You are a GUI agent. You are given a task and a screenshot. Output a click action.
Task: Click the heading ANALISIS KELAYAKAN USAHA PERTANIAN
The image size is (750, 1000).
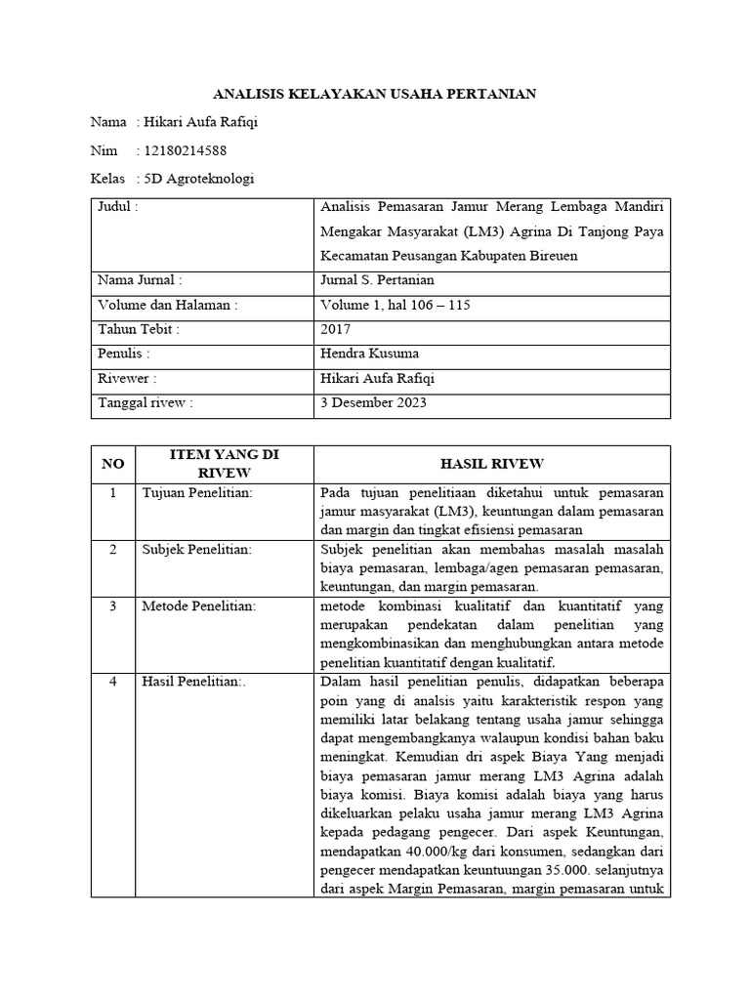pos(375,94)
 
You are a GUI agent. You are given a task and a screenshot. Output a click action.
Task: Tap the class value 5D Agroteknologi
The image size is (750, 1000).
pos(199,179)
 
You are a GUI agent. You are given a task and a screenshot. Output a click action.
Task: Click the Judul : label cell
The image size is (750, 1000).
pos(118,207)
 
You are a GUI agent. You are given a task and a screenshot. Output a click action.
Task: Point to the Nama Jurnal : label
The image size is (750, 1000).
pos(140,280)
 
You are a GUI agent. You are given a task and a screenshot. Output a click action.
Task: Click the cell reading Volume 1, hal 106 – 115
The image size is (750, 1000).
pos(396,305)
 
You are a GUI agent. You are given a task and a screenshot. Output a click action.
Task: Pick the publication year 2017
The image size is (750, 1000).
pos(336,329)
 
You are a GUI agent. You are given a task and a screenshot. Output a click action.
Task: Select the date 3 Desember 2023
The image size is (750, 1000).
pos(373,402)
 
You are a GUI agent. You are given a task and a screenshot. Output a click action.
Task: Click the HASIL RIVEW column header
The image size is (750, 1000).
pos(492,463)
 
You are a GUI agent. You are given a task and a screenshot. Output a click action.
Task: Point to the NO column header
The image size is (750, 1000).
pos(113,463)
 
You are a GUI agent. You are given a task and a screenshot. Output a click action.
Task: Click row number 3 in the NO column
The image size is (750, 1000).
pos(113,606)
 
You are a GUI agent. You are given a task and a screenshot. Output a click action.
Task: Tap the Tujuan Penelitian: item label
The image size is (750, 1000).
pos(197,493)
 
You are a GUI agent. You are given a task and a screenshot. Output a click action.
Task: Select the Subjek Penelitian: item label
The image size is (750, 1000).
pos(197,550)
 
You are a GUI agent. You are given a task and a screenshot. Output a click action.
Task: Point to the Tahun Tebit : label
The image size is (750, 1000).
pos(139,329)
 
